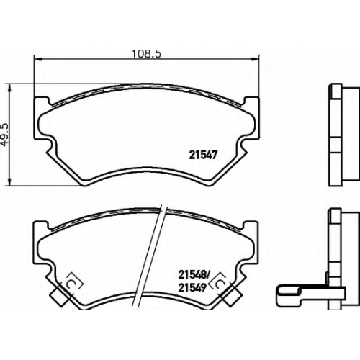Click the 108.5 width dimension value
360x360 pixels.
[x=146, y=53]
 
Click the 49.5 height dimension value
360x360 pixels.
[x=5, y=135]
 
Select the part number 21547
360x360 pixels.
[x=203, y=155]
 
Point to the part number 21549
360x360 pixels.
[x=192, y=288]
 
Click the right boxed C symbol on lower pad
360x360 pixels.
[x=219, y=284]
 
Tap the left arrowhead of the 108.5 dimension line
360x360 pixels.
[x=38, y=58]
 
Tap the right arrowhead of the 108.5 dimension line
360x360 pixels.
[x=255, y=58]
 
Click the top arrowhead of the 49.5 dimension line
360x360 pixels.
[x=9, y=88]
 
